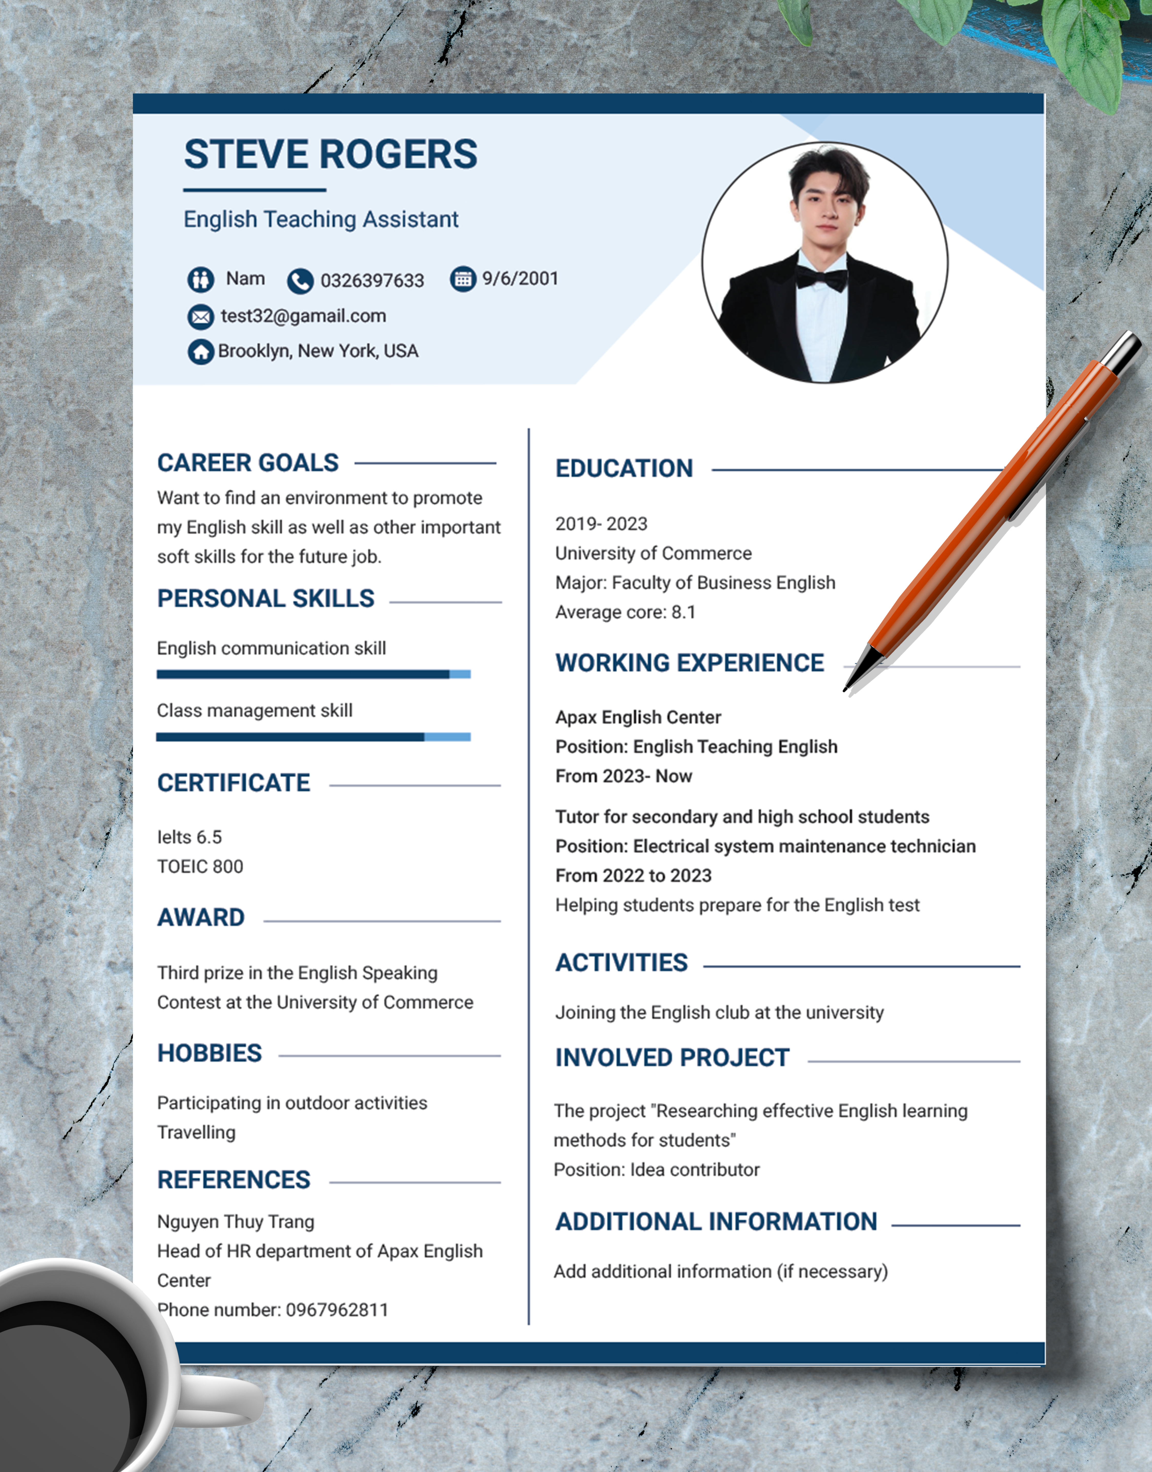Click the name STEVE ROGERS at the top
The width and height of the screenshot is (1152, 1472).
pos(330,154)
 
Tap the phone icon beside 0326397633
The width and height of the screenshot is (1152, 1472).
pos(300,281)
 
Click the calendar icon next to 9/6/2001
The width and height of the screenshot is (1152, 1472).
pos(463,279)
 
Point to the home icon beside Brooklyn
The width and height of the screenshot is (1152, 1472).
pos(200,351)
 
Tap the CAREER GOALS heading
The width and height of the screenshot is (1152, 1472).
pos(248,463)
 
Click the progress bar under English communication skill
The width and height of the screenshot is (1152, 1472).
pos(314,674)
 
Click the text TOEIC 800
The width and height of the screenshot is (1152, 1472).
pos(200,867)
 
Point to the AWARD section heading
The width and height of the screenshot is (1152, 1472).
pos(201,918)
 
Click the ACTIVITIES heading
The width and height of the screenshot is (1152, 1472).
pos(621,963)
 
